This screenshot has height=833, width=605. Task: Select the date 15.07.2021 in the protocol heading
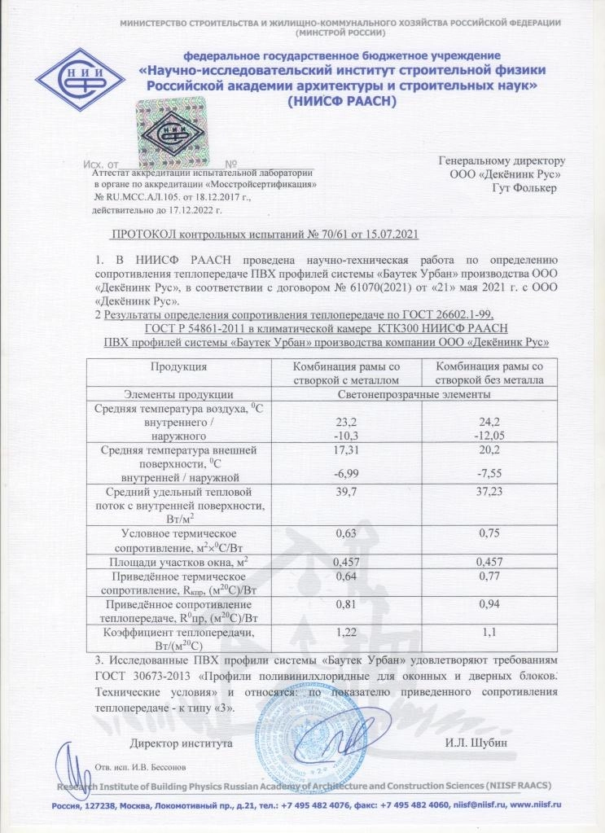(x=385, y=235)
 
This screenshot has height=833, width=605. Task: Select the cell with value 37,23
(x=490, y=493)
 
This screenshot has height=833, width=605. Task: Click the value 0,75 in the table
(x=490, y=533)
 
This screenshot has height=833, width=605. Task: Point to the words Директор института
(x=182, y=743)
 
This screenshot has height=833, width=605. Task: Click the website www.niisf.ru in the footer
(x=534, y=804)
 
